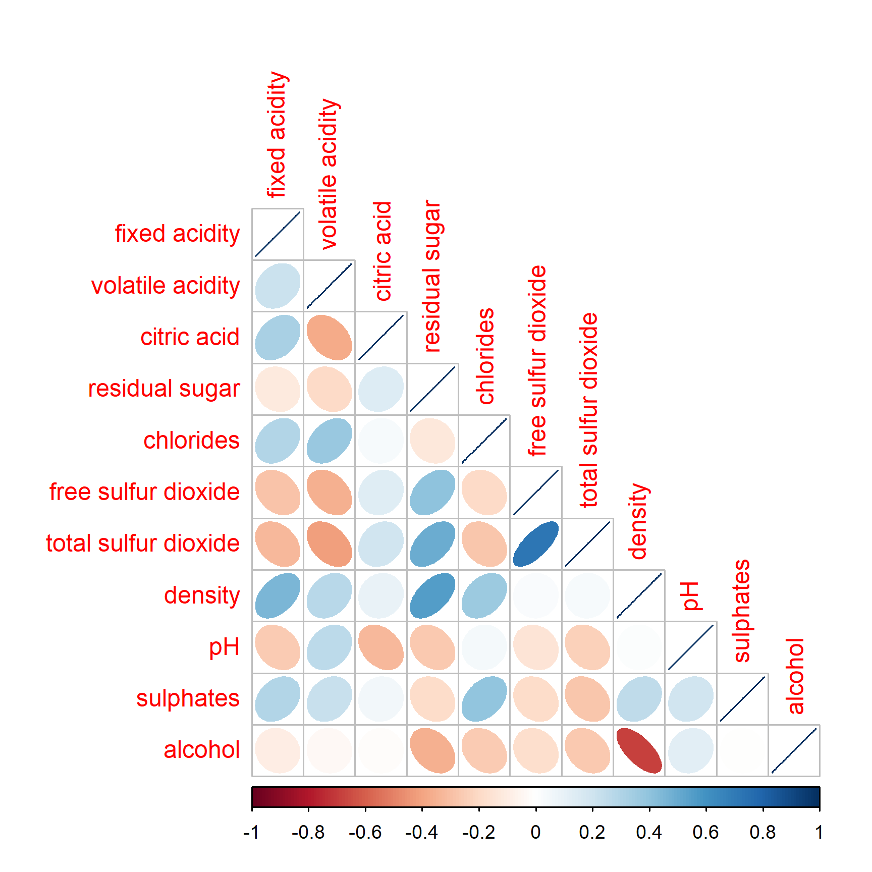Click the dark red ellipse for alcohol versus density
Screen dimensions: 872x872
point(639,750)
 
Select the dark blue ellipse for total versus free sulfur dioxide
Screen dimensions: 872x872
point(536,544)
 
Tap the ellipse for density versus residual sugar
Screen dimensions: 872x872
point(432,595)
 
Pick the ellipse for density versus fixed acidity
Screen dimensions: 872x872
point(278,595)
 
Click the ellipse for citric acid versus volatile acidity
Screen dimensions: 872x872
point(329,338)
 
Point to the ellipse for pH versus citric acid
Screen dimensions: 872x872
point(381,647)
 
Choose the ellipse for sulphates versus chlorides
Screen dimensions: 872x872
point(484,699)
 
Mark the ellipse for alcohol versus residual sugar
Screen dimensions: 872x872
point(432,750)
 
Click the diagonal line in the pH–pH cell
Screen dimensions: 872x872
point(691,647)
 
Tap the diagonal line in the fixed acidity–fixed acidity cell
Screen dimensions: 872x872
point(278,234)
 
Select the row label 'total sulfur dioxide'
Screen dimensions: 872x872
point(143,543)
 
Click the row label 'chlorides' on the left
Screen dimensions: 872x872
point(191,441)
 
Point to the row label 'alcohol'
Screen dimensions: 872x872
point(201,750)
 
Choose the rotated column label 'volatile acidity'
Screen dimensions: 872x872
point(329,174)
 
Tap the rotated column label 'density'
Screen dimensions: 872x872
point(639,521)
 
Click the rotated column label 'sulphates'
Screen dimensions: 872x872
point(742,611)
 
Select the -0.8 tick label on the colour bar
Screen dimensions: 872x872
point(308,832)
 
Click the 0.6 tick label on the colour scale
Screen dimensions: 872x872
point(705,832)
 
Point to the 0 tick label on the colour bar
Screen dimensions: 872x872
point(536,832)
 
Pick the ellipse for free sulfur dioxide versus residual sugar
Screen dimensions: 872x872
point(432,493)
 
